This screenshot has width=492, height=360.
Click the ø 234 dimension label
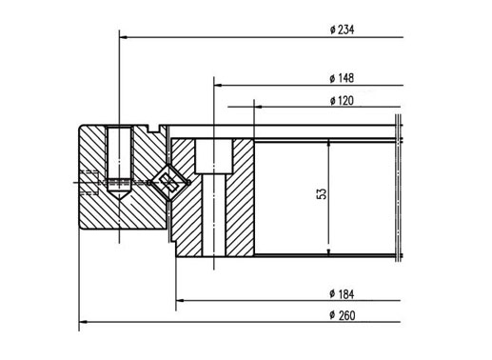[x=342, y=30]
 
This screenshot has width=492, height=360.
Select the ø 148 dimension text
[x=342, y=78]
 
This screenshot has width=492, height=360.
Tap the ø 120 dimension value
[x=342, y=101]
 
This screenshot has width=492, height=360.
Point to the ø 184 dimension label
[x=342, y=294]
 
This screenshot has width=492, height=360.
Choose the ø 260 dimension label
[x=343, y=315]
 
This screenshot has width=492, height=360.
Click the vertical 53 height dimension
[x=322, y=194]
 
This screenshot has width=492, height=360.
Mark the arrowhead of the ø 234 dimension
[x=124, y=37]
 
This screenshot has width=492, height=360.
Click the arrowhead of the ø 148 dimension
[x=218, y=85]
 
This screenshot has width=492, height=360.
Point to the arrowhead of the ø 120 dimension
[x=258, y=107]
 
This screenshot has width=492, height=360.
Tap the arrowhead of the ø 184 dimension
[x=180, y=300]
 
